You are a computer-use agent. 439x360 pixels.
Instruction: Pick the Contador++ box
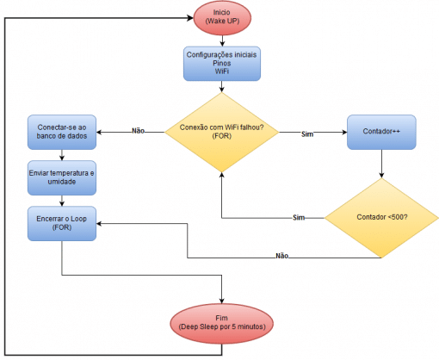pyautogui.click(x=380, y=133)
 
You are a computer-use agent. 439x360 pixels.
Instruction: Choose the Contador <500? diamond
pyautogui.click(x=380, y=217)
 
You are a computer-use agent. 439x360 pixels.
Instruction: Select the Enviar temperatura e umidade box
pyautogui.click(x=62, y=178)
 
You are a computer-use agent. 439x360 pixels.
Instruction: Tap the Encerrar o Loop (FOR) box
pyautogui.click(x=62, y=224)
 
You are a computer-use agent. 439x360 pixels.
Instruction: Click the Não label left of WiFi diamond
pyautogui.click(x=138, y=131)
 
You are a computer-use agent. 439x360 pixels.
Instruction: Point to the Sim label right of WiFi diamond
pyautogui.click(x=308, y=134)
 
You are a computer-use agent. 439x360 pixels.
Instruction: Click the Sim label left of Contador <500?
pyautogui.click(x=300, y=217)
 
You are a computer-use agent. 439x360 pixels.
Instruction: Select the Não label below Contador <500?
pyautogui.click(x=282, y=256)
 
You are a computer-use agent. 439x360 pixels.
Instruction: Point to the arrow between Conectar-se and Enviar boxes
pyautogui.click(x=62, y=155)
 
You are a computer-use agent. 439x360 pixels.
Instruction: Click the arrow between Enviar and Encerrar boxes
pyautogui.click(x=62, y=201)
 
